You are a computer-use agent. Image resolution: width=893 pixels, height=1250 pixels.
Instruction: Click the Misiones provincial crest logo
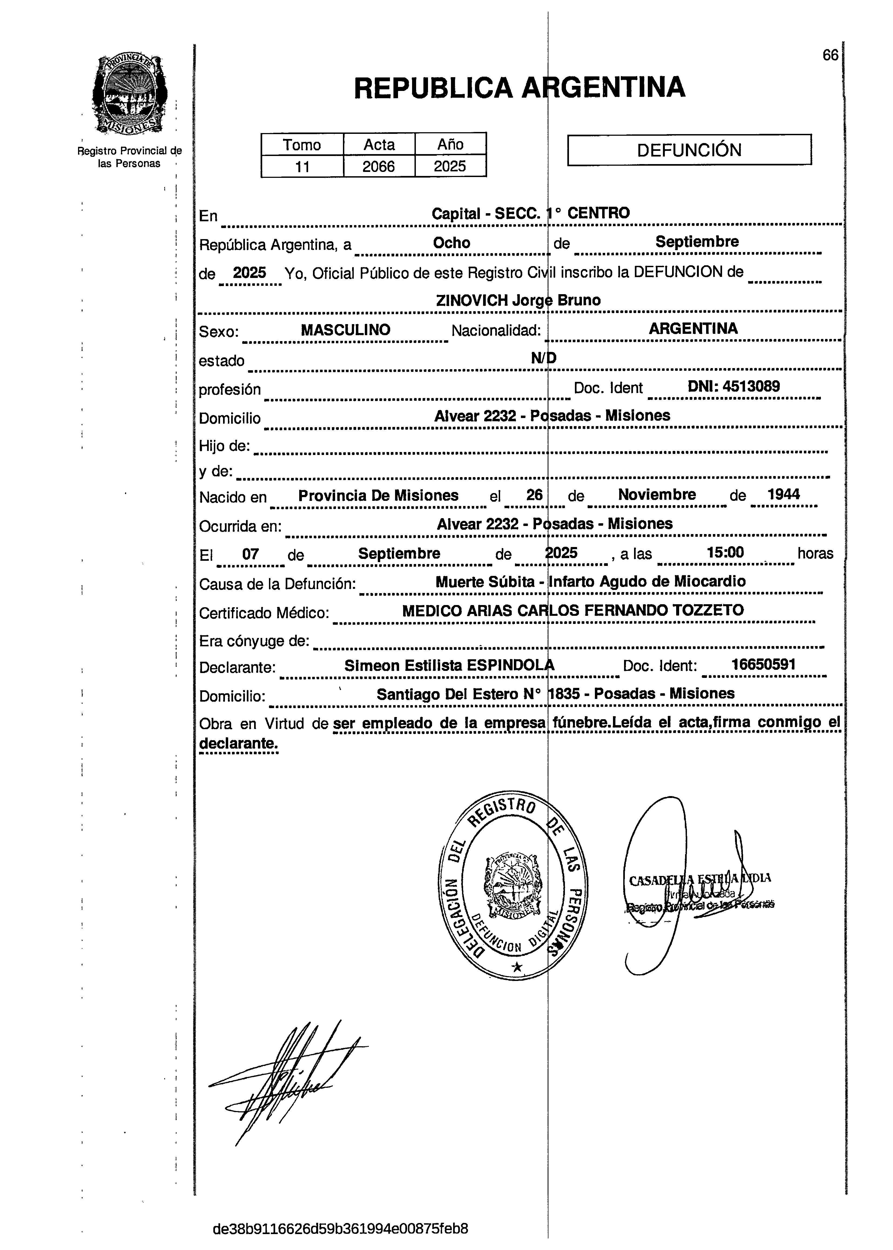coord(130,94)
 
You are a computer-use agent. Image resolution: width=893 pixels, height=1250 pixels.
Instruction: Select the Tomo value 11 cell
coord(302,166)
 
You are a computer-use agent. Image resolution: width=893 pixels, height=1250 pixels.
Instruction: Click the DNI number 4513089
coord(751,386)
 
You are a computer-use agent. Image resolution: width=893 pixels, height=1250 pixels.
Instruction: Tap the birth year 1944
coord(784,494)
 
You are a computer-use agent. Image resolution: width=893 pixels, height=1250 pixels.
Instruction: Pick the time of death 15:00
coord(725,552)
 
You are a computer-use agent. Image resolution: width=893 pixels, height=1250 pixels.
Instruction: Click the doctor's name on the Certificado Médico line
coord(572,610)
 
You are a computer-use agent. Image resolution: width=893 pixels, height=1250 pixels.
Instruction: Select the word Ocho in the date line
coord(451,243)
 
